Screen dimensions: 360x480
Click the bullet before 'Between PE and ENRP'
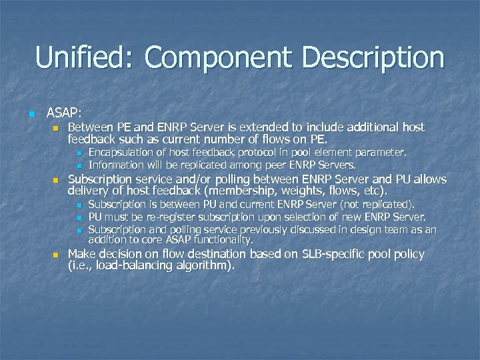(x=55, y=127)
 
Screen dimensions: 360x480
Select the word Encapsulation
(x=121, y=153)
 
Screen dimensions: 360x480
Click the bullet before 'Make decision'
(x=55, y=255)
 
